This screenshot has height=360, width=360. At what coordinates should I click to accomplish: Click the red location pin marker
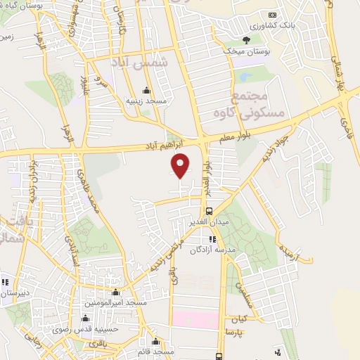tap(181, 165)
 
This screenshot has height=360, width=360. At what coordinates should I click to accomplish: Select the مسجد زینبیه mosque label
tap(146, 101)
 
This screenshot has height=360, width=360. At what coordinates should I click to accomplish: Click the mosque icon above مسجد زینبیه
tap(146, 90)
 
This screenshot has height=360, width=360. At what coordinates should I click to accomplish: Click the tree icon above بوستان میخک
tap(245, 40)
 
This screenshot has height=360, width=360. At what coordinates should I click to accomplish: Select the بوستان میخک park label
tap(245, 51)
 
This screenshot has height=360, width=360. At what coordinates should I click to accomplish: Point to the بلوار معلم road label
tap(233, 139)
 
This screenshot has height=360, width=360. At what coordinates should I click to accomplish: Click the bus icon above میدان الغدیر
tap(209, 211)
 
